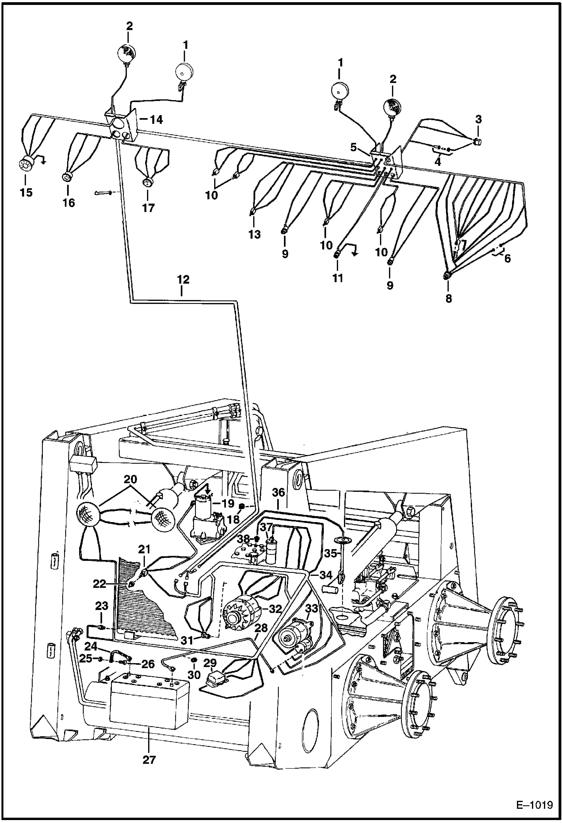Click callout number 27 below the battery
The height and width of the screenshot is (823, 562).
click(149, 760)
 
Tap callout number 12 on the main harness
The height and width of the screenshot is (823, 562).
click(183, 279)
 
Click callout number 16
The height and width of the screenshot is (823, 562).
click(69, 203)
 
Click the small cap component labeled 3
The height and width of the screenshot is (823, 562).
click(477, 141)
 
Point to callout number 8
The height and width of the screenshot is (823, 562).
click(449, 299)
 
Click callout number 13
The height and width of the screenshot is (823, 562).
click(254, 235)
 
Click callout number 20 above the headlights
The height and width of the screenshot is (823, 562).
click(131, 479)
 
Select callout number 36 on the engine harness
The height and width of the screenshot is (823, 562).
click(278, 493)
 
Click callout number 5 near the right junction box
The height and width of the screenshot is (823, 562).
click(353, 147)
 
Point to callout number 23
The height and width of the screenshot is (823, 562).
click(101, 606)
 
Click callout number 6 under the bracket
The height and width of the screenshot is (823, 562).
click(507, 258)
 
